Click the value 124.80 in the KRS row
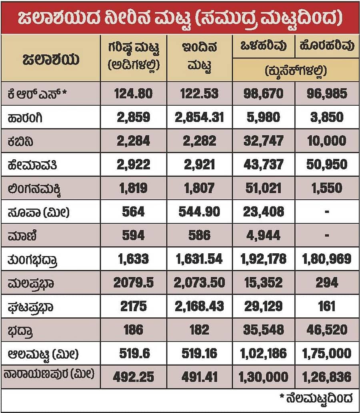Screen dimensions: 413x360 [133, 94]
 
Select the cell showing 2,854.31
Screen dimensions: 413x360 [199, 117]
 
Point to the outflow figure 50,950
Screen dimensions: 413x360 [327, 164]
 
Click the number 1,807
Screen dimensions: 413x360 [199, 188]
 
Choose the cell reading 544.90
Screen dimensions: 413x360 [199, 211]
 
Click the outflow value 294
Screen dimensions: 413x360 [327, 283]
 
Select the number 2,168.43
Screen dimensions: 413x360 [199, 306]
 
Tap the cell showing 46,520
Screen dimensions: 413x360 [327, 330]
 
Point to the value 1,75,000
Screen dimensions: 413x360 [327, 353]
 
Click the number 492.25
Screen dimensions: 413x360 [133, 377]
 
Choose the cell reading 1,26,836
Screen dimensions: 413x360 [327, 377]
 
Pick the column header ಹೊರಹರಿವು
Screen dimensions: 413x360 [327, 46]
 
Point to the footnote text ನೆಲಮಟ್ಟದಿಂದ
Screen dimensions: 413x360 [318, 398]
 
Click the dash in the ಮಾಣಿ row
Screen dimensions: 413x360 [327, 235]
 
